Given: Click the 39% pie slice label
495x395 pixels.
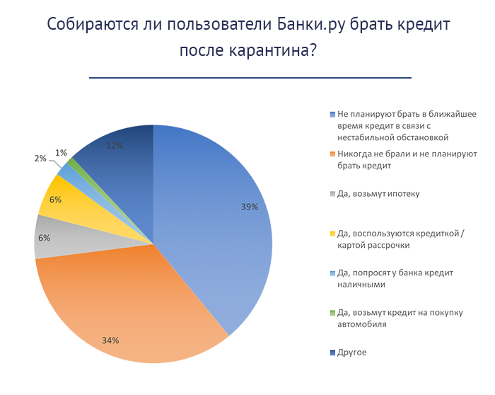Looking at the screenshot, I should (249, 207).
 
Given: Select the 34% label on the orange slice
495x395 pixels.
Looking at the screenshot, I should (110, 340).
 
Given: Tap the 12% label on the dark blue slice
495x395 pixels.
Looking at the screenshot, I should (115, 146).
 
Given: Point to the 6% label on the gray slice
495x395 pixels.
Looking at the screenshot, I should (44, 238).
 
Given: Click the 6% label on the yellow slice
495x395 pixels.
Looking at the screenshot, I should (56, 200).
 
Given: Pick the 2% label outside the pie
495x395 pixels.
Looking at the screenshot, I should (40, 159).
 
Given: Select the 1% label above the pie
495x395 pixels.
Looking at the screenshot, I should (62, 153).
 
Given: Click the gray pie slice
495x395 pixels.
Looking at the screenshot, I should (64, 241).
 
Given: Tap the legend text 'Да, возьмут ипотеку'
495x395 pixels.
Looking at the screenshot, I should (378, 193).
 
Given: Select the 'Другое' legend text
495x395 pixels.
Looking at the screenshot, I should (353, 352).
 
